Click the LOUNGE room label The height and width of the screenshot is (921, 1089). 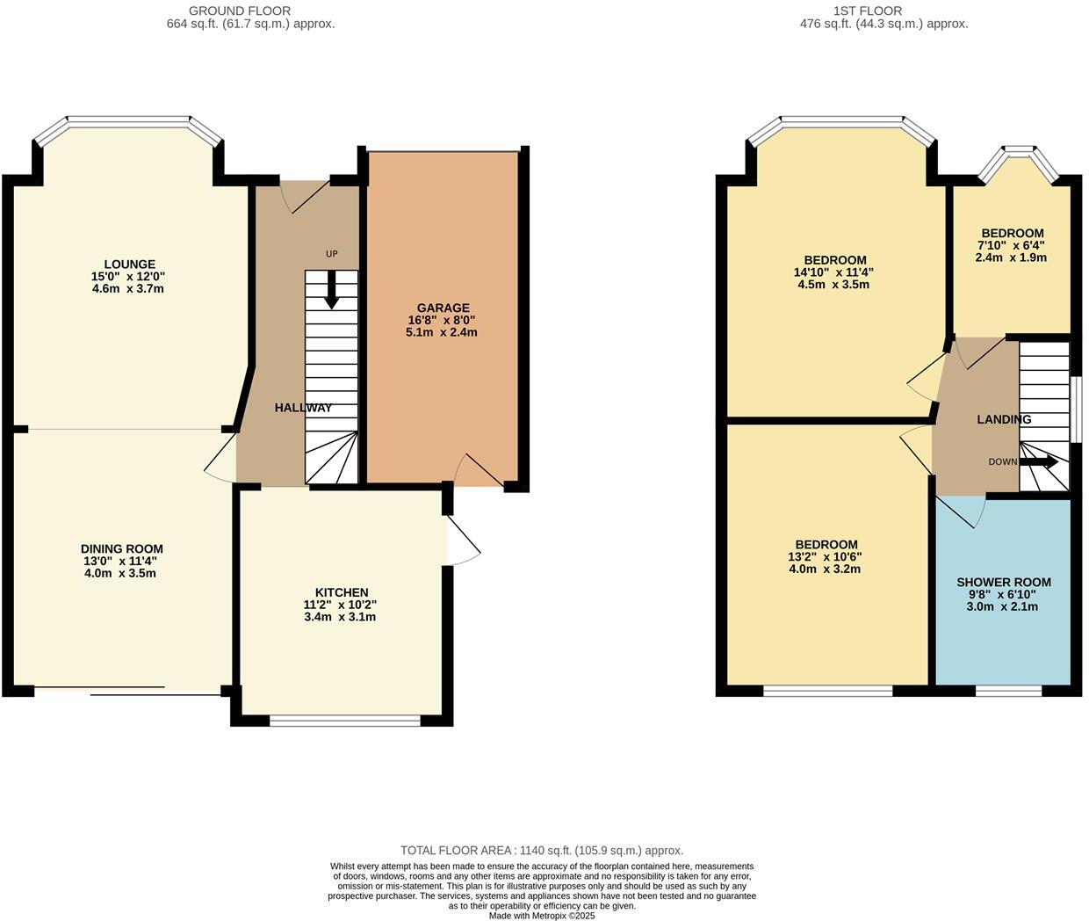point(129,265)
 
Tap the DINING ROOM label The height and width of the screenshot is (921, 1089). point(122,549)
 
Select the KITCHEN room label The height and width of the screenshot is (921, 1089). point(342,593)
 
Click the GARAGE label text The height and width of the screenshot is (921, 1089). point(443,308)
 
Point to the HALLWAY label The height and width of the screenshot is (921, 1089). point(303,408)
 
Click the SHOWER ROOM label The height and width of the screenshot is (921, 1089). point(1003,583)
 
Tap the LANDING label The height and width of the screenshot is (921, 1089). point(1004,420)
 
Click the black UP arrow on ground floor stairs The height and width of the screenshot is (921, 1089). point(331,291)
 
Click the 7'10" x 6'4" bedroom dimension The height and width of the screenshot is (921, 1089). point(1012,246)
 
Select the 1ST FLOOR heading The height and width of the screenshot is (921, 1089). point(868,11)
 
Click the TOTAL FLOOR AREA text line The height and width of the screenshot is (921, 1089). point(541,851)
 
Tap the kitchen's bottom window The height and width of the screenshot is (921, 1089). point(345,722)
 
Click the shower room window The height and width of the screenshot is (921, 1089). point(1008,691)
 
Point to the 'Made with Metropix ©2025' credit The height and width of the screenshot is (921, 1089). point(542,916)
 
